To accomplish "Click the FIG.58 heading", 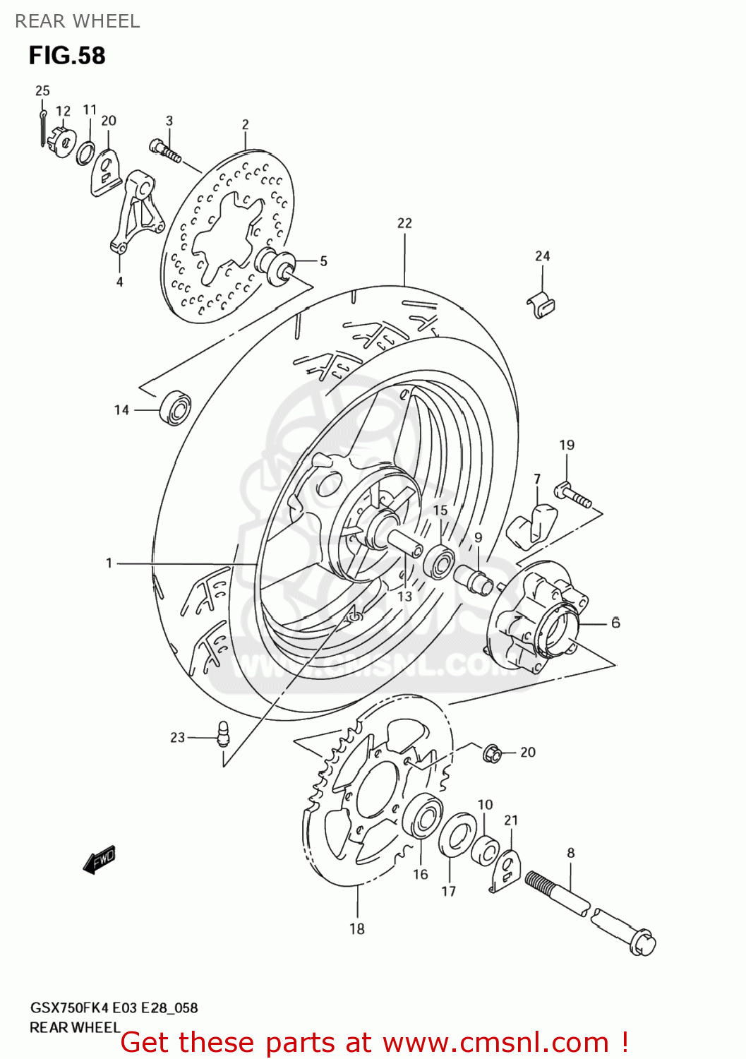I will [67, 56].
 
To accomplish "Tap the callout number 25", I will [42, 90].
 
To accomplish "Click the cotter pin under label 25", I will [43, 127].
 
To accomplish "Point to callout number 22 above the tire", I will [404, 223].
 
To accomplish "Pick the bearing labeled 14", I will [175, 408].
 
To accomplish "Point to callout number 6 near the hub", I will [615, 623].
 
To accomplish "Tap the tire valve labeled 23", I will [223, 734].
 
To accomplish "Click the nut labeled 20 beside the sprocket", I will [492, 753].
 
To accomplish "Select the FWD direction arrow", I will [99, 860].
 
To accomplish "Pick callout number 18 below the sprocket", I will [357, 929].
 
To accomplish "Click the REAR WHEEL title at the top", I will [78, 21].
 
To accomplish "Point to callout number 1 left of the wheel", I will [109, 563].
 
